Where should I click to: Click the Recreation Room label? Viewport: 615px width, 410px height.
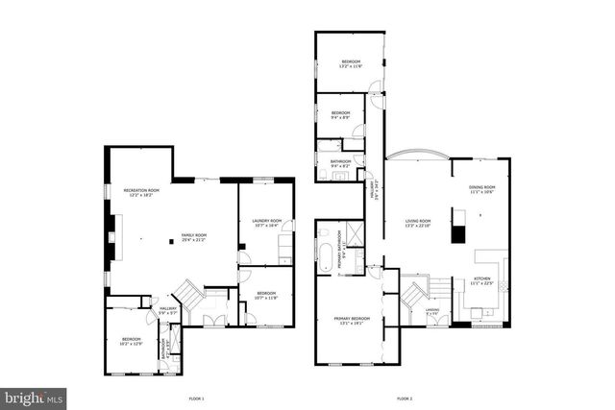[x=141, y=192]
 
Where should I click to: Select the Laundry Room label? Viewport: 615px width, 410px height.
[x=266, y=222]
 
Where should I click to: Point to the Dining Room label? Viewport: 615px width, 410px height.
[x=481, y=189]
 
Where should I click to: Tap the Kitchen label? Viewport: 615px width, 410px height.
[x=481, y=280]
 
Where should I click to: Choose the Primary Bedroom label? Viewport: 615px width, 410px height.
[x=352, y=320]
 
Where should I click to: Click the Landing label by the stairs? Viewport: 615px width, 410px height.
[x=431, y=311]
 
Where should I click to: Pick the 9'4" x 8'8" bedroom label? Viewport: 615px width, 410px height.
[x=341, y=113]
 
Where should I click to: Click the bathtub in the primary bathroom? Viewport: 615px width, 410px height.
[x=326, y=257]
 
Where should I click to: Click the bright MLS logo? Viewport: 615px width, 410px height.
[x=34, y=396]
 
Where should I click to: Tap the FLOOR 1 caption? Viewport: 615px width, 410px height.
[x=197, y=397]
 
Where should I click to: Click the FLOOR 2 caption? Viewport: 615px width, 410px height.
[x=405, y=397]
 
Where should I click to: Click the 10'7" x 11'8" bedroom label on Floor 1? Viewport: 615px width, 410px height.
[x=266, y=296]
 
